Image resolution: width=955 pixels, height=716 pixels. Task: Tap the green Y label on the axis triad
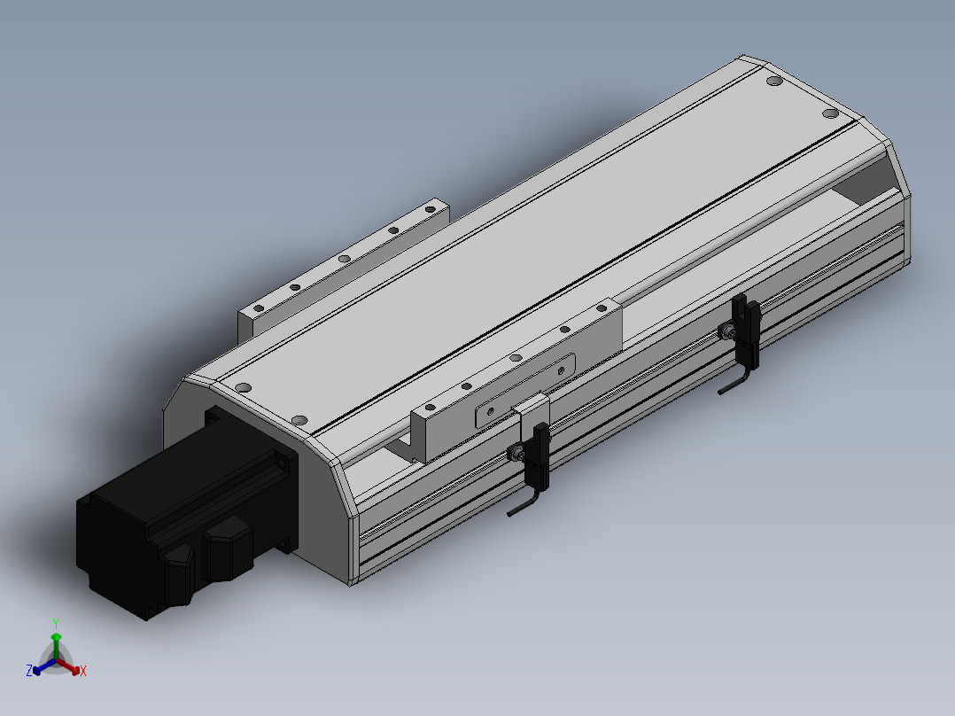(x=56, y=623)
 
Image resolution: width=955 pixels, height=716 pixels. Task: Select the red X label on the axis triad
(x=83, y=671)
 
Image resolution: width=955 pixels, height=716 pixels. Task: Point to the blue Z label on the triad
(x=29, y=671)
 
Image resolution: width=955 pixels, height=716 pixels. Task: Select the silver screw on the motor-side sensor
(x=516, y=454)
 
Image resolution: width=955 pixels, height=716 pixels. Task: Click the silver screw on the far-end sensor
(x=726, y=332)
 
